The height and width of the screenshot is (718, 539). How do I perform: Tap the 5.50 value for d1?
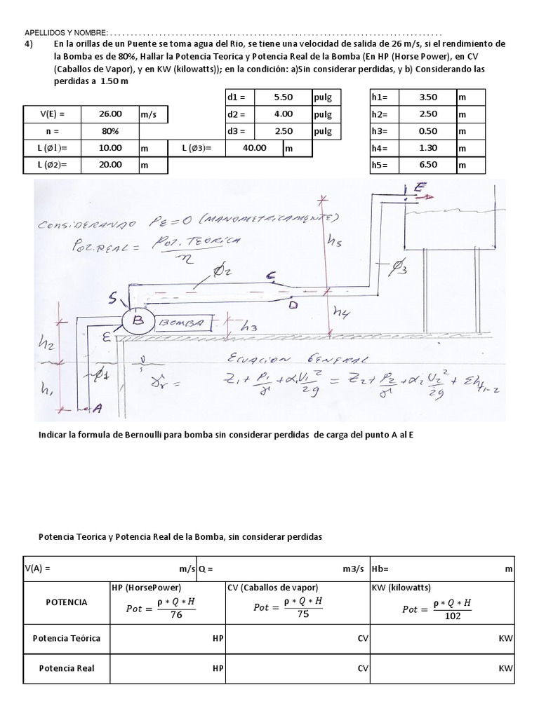pyautogui.click(x=284, y=97)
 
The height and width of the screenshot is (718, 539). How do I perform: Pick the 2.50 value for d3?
pyautogui.click(x=284, y=131)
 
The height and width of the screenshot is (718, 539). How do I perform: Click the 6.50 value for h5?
pyautogui.click(x=427, y=165)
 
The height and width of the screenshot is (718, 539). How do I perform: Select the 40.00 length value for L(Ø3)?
pyautogui.click(x=254, y=148)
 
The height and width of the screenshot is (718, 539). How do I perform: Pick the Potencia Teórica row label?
pyautogui.click(x=67, y=638)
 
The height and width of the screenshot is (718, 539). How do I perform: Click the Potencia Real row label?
pyautogui.click(x=67, y=668)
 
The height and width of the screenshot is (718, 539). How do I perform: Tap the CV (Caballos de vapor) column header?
pyautogui.click(x=272, y=588)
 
